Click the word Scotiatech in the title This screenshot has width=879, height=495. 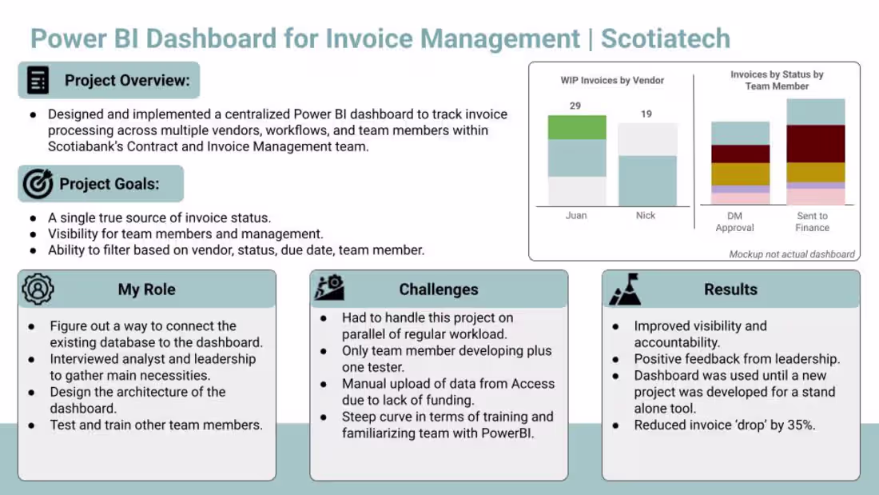click(x=666, y=38)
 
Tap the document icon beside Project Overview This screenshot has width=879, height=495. click(x=38, y=80)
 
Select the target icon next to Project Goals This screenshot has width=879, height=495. click(x=38, y=184)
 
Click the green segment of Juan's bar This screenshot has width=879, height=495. click(x=576, y=127)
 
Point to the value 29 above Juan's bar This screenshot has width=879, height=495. click(x=575, y=106)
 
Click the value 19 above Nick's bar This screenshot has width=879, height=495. click(x=646, y=114)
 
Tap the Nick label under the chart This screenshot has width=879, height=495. click(x=646, y=216)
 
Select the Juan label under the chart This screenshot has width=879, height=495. click(x=576, y=216)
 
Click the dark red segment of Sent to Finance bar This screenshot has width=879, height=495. click(x=816, y=143)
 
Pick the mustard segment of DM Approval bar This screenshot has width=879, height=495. click(x=740, y=174)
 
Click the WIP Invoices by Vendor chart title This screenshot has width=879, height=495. click(x=612, y=80)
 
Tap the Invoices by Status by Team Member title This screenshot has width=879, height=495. click(x=777, y=80)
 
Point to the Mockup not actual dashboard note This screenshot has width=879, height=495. click(x=792, y=254)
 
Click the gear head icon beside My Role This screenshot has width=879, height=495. click(x=38, y=289)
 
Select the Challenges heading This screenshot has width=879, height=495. click(x=439, y=289)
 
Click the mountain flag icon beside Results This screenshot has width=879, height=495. click(x=625, y=289)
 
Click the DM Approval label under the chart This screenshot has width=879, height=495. click(x=734, y=222)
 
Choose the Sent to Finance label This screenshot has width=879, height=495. click(x=812, y=222)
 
